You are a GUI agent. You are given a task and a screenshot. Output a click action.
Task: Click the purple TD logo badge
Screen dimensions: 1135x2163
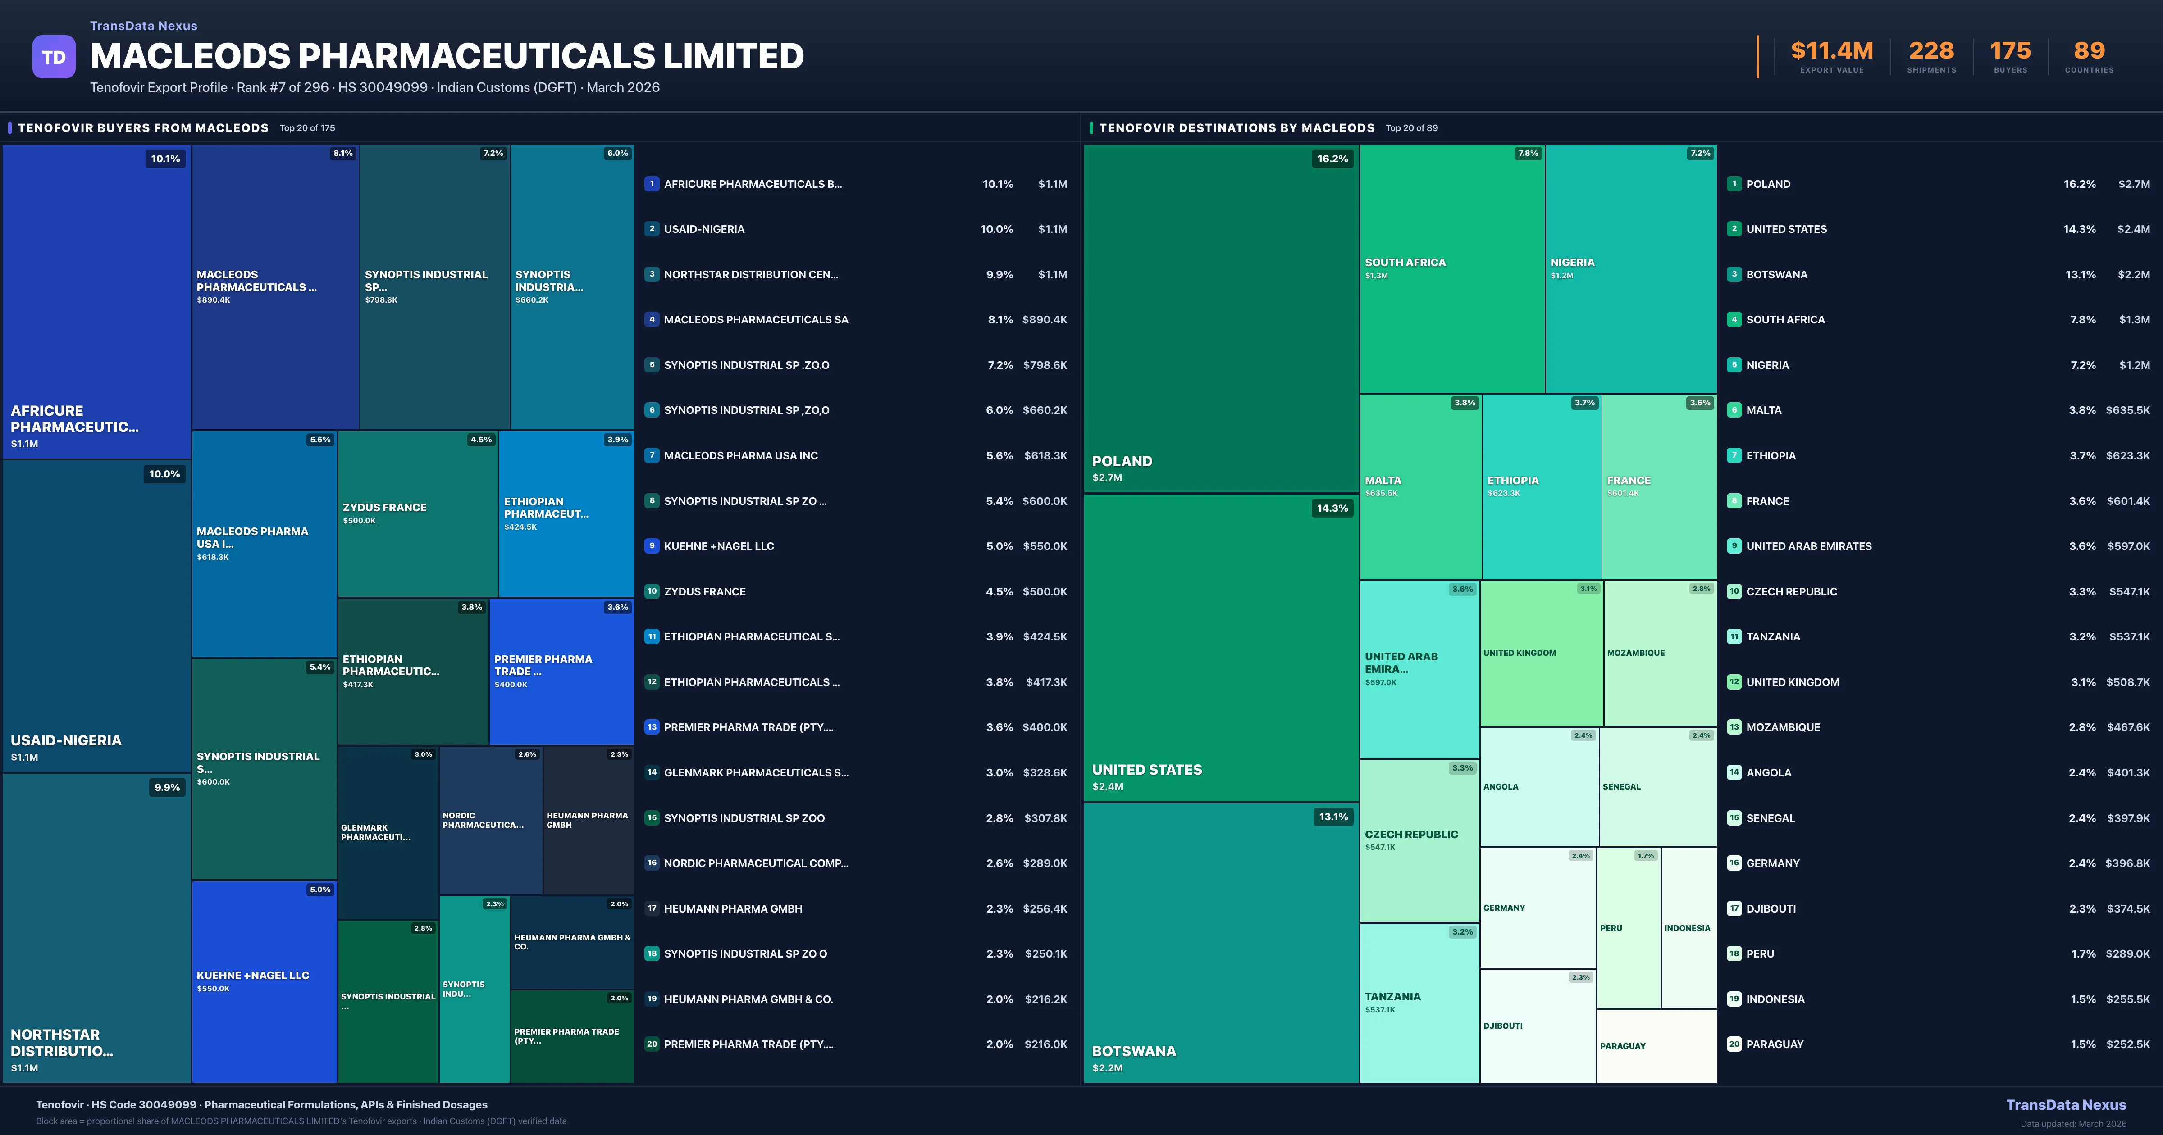tap(54, 57)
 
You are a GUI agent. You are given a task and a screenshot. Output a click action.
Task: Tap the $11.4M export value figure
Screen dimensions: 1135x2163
tap(1831, 51)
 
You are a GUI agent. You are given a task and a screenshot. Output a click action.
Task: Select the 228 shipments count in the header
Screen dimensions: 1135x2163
tap(1931, 51)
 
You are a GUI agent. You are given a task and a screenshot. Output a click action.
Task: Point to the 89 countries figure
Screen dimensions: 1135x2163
tap(2089, 51)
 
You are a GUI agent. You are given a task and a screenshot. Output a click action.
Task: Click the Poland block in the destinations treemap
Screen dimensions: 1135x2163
tap(1221, 319)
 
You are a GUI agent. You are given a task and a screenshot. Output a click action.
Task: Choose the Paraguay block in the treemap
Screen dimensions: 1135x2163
tap(1656, 1046)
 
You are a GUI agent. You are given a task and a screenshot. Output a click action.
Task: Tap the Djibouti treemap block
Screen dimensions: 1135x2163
tap(1538, 1026)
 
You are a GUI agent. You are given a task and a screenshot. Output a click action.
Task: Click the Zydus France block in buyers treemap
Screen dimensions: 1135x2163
tap(417, 514)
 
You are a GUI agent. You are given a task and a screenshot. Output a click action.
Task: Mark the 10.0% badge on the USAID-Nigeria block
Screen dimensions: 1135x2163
tap(164, 474)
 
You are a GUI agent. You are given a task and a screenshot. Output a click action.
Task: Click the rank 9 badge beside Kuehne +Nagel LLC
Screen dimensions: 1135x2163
tap(652, 546)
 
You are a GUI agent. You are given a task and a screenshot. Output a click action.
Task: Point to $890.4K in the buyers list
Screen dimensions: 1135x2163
tap(1045, 320)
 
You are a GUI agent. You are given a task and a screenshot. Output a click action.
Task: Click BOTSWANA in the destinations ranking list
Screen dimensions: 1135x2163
tap(1777, 274)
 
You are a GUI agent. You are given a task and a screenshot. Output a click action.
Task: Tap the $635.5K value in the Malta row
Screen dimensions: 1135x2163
tap(2128, 410)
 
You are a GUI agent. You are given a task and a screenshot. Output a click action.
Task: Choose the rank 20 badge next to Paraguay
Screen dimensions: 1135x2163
tap(1734, 1044)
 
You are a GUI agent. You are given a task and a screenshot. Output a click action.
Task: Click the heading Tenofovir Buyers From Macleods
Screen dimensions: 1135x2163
tap(143, 127)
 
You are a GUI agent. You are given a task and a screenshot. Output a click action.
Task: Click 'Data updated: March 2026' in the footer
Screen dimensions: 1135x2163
tap(2073, 1123)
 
